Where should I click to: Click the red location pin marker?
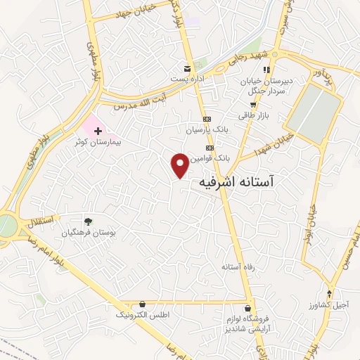pos(181,165)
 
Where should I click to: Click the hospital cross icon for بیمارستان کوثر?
pos(98,131)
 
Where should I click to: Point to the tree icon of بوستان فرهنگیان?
pos(88,221)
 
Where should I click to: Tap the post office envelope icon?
pos(186,69)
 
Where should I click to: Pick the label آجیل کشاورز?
pos(328,304)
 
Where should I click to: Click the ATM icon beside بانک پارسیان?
pos(207,120)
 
